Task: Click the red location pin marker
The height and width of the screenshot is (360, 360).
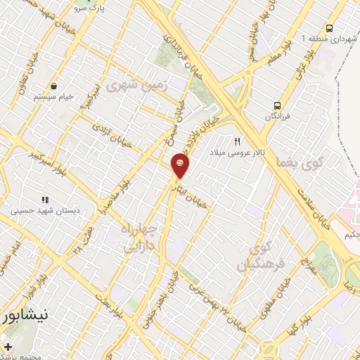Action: click(x=180, y=167)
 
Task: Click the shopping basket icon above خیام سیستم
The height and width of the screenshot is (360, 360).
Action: click(x=53, y=86)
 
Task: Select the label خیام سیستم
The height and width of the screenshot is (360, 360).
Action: click(x=53, y=97)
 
